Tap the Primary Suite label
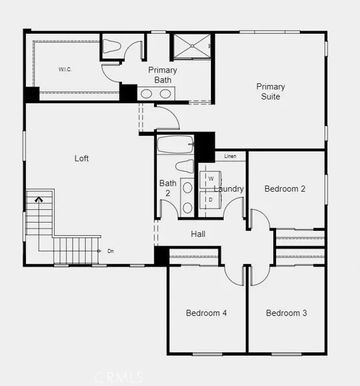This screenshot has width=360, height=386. (x=270, y=91)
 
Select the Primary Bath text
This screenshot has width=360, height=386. (x=162, y=75)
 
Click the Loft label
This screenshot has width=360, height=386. (x=81, y=158)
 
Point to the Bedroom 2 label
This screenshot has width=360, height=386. (x=285, y=189)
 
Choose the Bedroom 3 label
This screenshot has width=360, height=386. (x=286, y=313)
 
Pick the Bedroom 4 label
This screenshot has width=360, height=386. (x=206, y=313)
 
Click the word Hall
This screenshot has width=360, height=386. (x=198, y=233)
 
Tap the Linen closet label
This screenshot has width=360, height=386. (x=230, y=157)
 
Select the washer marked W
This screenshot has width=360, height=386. (x=210, y=179)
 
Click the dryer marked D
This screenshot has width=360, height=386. (x=210, y=199)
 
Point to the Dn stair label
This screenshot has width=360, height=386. (x=110, y=250)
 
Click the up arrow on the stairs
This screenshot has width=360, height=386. (x=40, y=198)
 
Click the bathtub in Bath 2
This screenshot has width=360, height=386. (x=175, y=145)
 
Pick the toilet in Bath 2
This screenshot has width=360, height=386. (x=184, y=166)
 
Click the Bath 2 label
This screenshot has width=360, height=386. (x=168, y=188)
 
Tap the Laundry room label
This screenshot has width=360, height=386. (x=229, y=189)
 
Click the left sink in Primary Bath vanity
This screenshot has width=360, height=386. (x=147, y=93)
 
